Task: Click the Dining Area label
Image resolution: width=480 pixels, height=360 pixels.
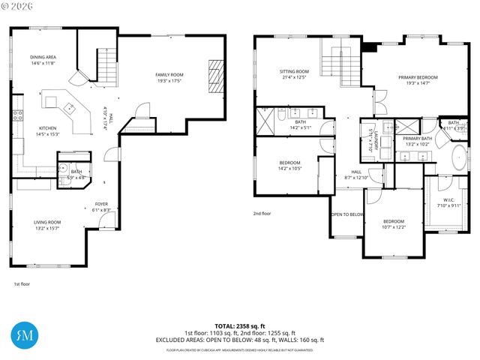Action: coord(43,57)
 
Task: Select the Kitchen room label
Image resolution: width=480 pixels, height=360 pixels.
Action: coord(48,128)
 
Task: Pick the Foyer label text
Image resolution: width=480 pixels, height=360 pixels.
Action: coord(101,205)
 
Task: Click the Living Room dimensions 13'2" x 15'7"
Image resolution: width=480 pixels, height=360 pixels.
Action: coord(47,228)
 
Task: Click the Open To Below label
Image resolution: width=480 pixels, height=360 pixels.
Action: coord(347,214)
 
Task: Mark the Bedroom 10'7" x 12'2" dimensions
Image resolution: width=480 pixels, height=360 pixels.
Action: coord(394,227)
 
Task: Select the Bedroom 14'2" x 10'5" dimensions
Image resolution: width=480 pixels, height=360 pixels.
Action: coord(290,168)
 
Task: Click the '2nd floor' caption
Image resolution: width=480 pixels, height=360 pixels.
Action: coord(262,213)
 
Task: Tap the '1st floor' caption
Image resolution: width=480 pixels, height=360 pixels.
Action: coord(22,284)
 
